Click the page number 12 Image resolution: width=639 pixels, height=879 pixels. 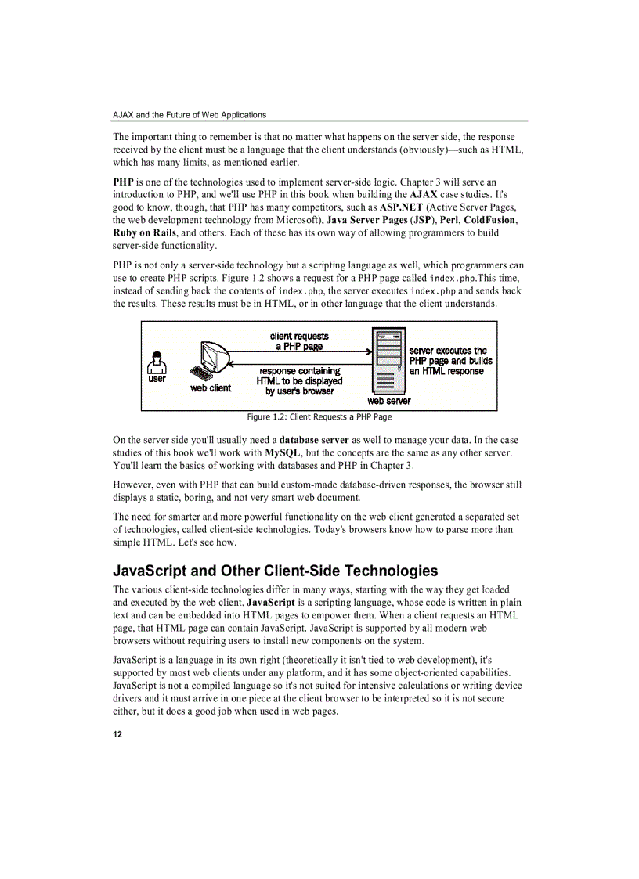tap(117, 734)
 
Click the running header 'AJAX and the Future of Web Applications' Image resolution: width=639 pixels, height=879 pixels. tap(190, 115)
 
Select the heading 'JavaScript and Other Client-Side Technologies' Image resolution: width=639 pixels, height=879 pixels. tap(276, 571)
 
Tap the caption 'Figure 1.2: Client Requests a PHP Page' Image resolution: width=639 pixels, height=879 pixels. tap(319, 416)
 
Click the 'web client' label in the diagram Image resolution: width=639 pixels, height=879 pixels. tap(211, 388)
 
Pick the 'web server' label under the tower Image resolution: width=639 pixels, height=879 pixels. tap(388, 401)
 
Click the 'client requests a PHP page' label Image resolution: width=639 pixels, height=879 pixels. tap(299, 341)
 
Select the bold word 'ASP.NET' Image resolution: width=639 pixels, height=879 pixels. tap(401, 207)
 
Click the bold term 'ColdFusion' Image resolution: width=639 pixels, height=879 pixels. tap(489, 220)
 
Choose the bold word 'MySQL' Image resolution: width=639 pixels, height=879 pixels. tap(283, 452)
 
